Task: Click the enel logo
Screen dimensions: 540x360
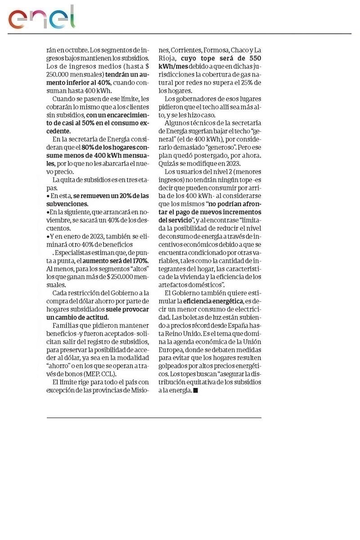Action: [41, 18]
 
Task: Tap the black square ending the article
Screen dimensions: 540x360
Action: [195, 391]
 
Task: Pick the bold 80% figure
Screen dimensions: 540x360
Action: [87, 148]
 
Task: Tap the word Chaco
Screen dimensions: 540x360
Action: [239, 50]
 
